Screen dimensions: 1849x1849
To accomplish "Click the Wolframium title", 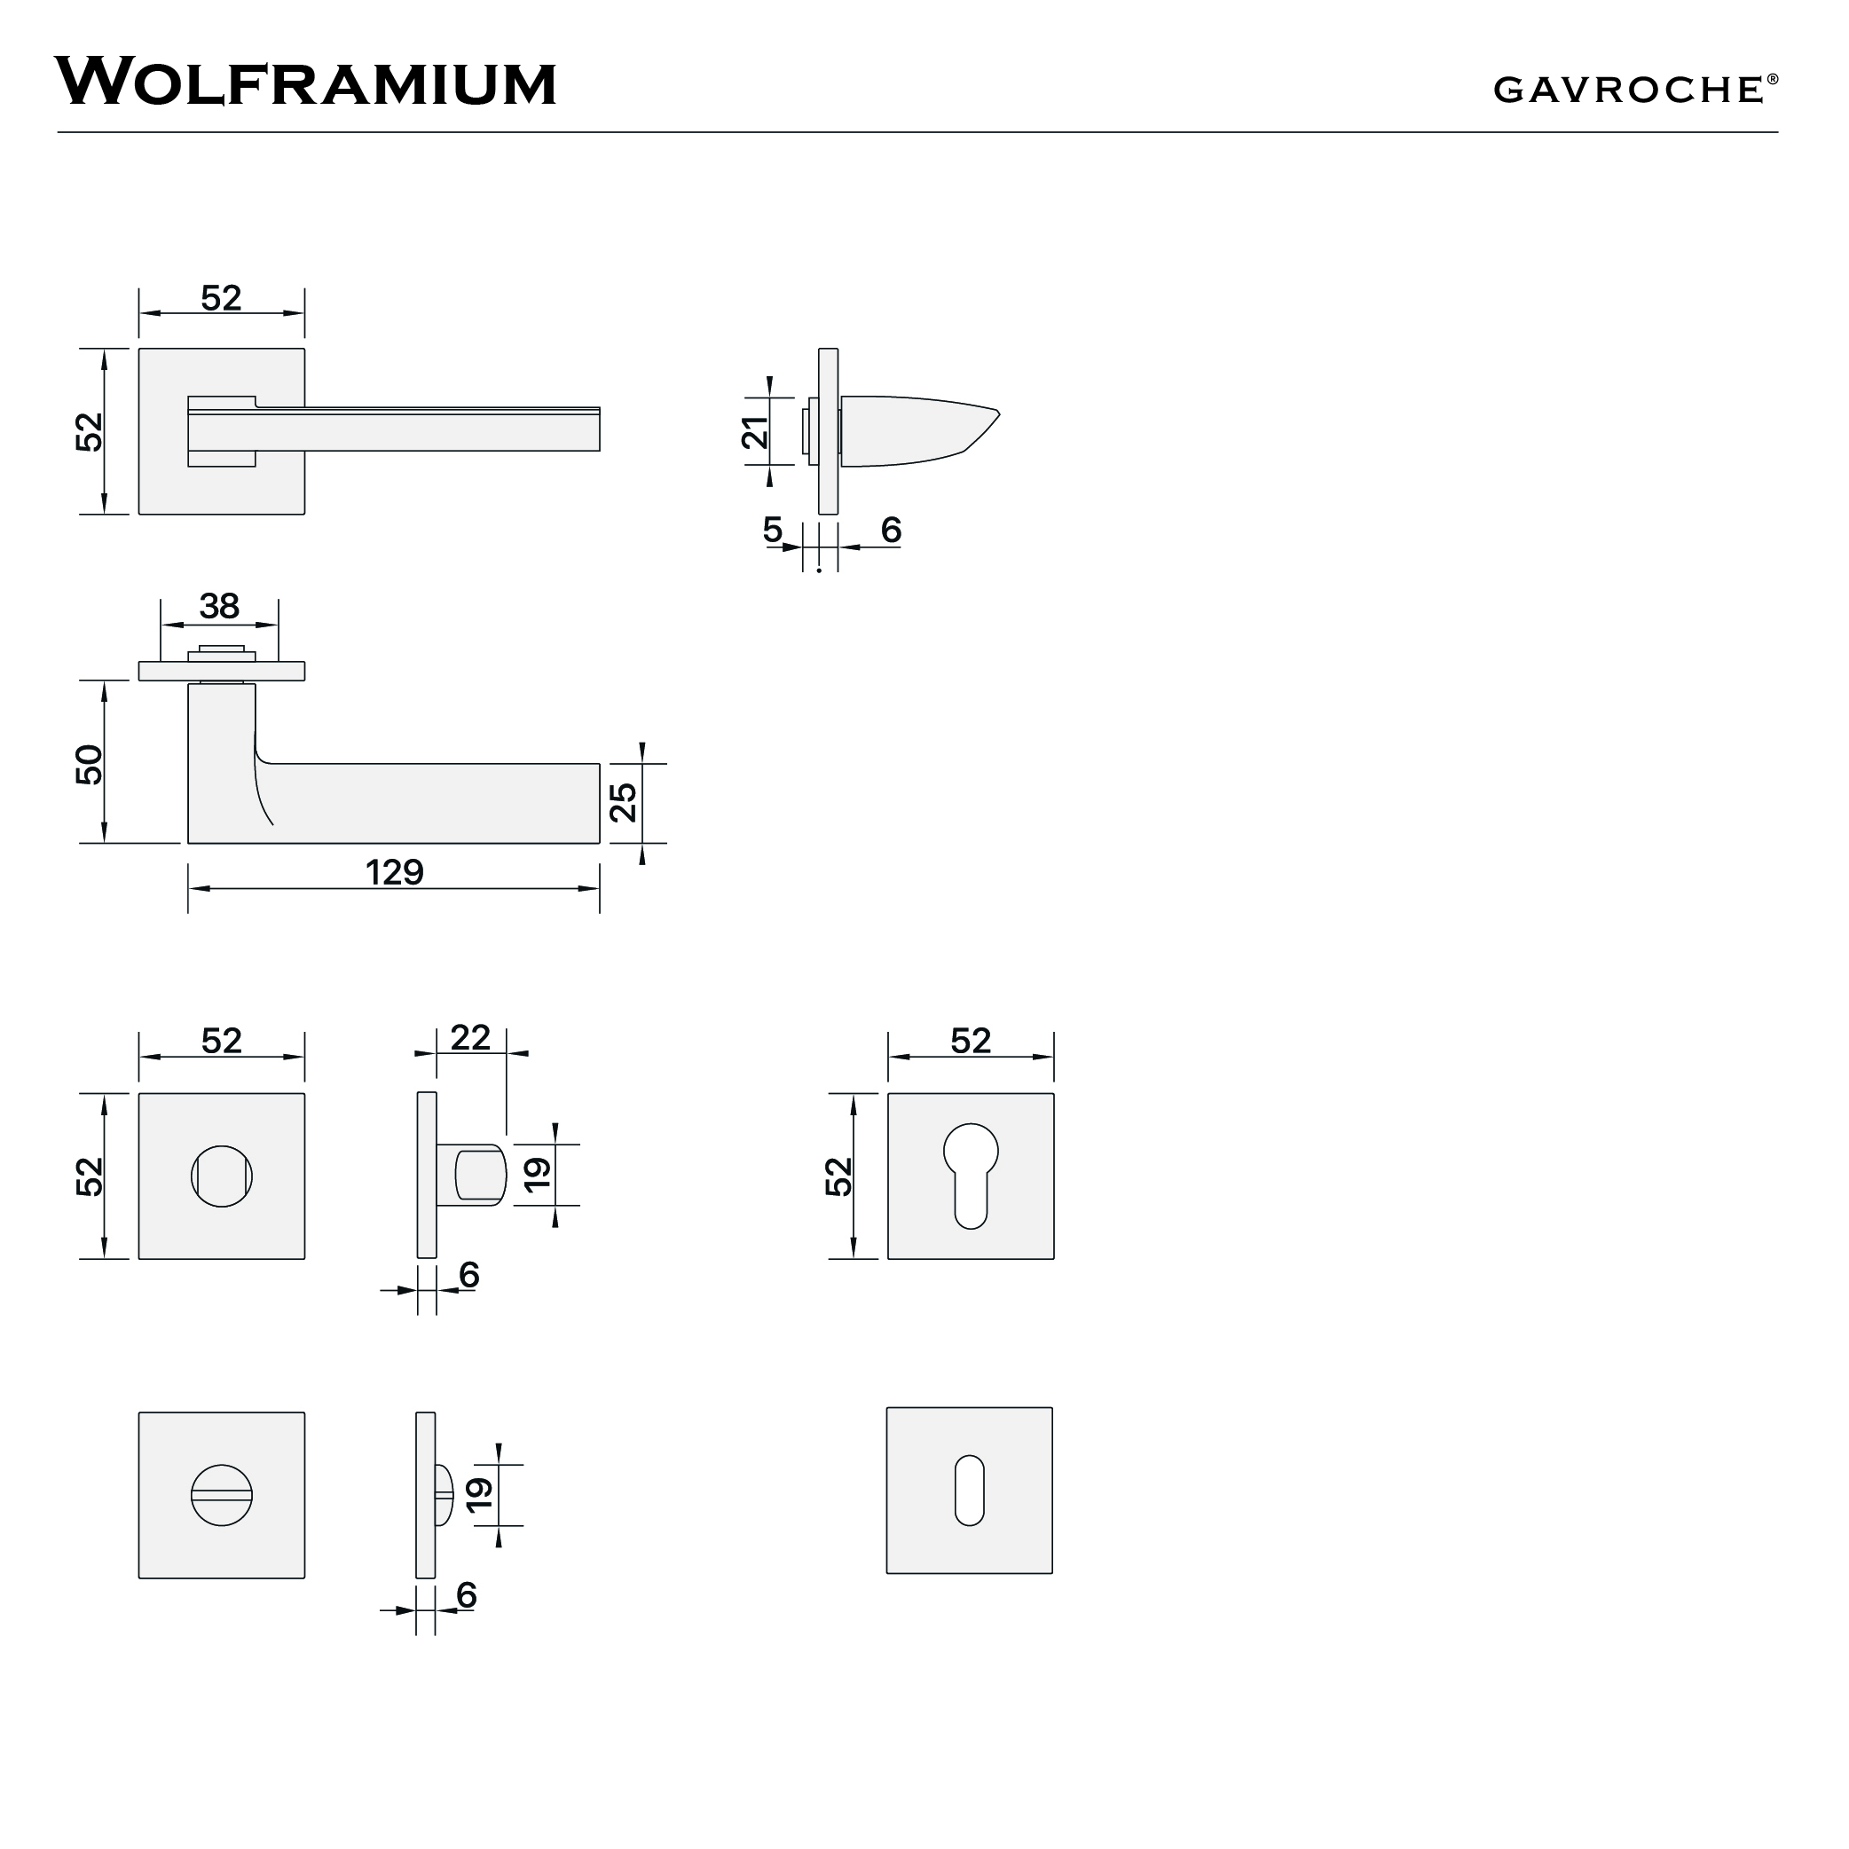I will pos(305,83).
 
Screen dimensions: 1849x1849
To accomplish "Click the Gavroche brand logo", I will pos(1628,90).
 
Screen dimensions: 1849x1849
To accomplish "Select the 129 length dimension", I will pos(394,872).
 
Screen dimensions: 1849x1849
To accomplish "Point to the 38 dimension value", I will pos(219,606).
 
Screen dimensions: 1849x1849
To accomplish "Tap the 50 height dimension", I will pos(89,764).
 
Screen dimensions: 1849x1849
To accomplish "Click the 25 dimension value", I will pos(623,802).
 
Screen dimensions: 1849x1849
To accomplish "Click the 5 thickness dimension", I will pos(772,530).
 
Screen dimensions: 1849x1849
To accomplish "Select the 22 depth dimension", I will pos(470,1037).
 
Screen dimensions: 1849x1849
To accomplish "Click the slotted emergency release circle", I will pos(221,1494).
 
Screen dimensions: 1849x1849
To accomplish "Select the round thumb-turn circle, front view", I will pos(221,1176).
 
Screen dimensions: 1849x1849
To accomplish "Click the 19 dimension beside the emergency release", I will pos(479,1493).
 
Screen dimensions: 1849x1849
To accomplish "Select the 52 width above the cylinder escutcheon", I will pos(971,1041).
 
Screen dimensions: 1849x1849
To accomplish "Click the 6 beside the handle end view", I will pos(891,530).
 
